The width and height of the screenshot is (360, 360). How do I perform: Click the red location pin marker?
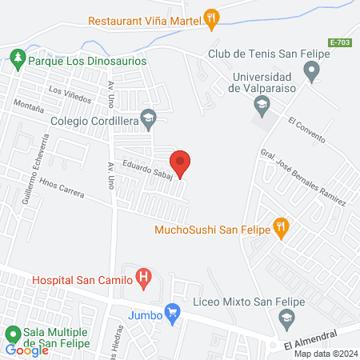point(181,163)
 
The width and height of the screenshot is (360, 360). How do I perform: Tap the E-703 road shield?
point(340,42)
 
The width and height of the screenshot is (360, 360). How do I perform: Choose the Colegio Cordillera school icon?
point(148,118)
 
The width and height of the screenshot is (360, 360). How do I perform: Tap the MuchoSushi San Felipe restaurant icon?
point(280,227)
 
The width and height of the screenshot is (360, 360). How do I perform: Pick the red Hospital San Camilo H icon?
point(143,279)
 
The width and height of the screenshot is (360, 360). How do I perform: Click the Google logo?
point(27,350)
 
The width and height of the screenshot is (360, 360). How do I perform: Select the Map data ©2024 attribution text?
point(325,354)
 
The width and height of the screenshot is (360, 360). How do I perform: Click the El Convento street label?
point(306,131)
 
